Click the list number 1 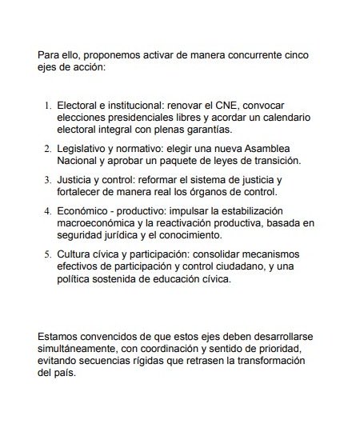pos(47,106)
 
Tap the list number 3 pos(47,180)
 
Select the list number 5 pos(47,254)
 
